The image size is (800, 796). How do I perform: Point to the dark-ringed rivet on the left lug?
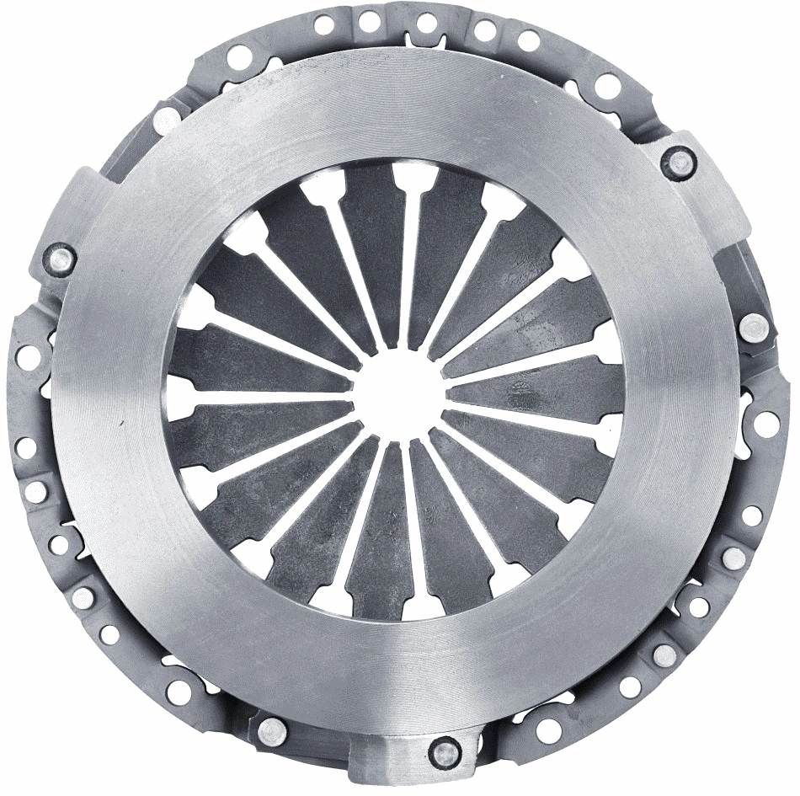(61, 258)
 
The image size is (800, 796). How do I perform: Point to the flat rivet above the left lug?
(168, 118)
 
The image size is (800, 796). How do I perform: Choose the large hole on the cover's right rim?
(767, 425)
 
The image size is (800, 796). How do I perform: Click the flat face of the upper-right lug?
(707, 185)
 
